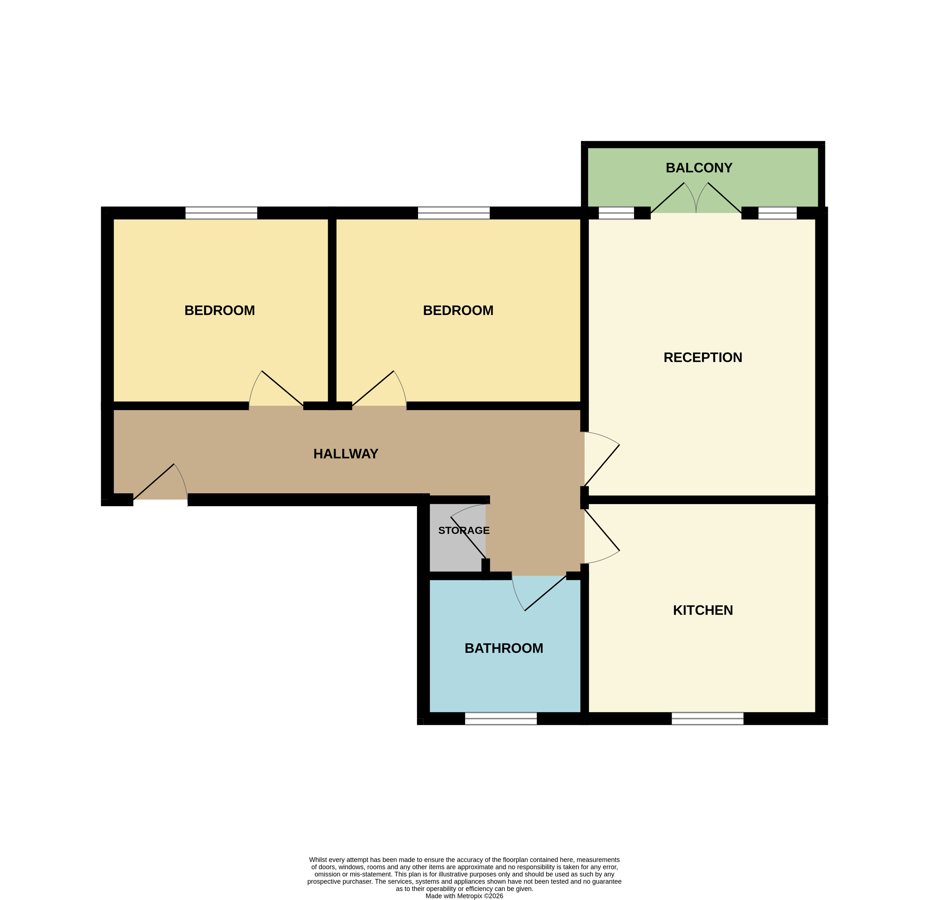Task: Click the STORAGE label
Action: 464,530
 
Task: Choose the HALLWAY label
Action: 345,453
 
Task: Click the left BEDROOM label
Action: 219,310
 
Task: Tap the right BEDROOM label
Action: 458,310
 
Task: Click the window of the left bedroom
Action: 221,213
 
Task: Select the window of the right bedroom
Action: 454,213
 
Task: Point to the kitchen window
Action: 707,719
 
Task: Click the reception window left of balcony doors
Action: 616,213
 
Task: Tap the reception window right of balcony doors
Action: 777,213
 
